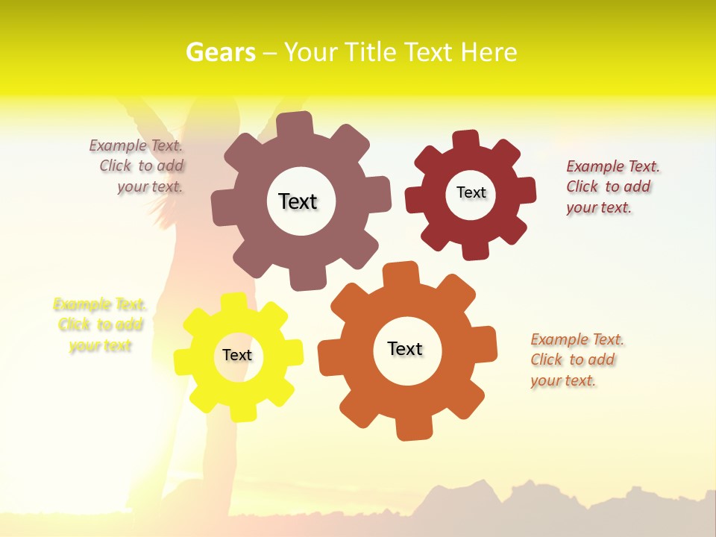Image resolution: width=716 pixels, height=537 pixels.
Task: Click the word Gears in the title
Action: [220, 52]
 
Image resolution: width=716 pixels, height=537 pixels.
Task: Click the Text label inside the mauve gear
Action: [298, 201]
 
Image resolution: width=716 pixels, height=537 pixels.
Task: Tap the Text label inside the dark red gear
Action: [471, 192]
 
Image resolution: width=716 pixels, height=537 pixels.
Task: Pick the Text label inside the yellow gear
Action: [237, 355]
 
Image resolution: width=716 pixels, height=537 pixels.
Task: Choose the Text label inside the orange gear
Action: [405, 348]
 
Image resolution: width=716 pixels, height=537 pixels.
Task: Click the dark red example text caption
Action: [612, 186]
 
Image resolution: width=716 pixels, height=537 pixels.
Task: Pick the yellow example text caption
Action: [100, 324]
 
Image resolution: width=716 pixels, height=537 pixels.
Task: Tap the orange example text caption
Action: [577, 359]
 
